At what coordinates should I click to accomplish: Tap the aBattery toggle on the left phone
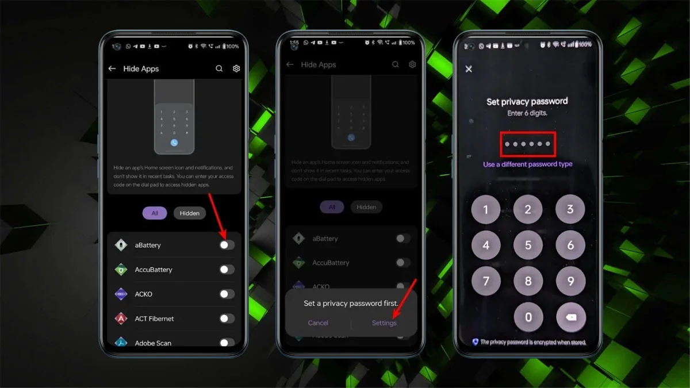coord(227,245)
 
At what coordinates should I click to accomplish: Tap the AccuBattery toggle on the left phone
coord(227,270)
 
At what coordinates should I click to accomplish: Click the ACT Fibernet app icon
coord(121,318)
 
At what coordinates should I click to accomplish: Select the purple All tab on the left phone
coord(155,213)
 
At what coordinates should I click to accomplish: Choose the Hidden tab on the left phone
coord(189,213)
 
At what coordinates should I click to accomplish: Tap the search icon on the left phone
coord(219,68)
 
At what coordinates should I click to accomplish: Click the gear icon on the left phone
coord(236,68)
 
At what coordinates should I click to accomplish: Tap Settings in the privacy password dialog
coord(384,323)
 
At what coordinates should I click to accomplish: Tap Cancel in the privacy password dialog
coord(318,323)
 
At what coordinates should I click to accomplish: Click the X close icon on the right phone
coord(469,69)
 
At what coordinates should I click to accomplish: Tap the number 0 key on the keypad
coord(528,317)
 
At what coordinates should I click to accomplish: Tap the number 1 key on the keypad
coord(486,210)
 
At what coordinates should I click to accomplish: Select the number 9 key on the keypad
coord(570,281)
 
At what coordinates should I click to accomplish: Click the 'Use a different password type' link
coord(527,164)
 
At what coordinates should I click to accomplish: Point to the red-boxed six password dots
coord(527,144)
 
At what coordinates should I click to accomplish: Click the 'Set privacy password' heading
coord(527,102)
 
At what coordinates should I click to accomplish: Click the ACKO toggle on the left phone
coord(227,294)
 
